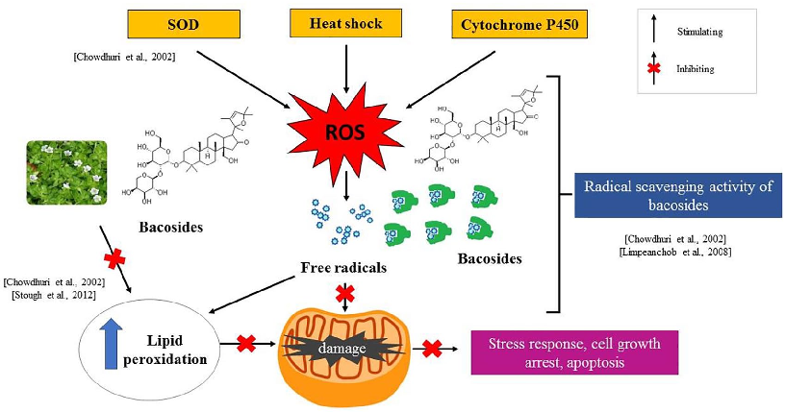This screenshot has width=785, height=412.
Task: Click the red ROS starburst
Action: pyautogui.click(x=343, y=131)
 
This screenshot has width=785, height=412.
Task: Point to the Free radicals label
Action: pyautogui.click(x=343, y=268)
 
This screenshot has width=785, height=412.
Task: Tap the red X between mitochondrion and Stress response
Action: pyautogui.click(x=435, y=347)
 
